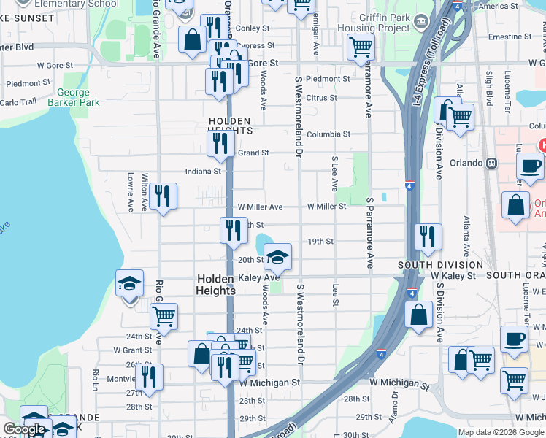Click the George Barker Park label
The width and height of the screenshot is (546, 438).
(x=73, y=98)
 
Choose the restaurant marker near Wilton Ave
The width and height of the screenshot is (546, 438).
(x=163, y=196)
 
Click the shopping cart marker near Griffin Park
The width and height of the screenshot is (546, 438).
(x=361, y=47)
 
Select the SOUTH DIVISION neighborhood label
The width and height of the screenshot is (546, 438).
(x=440, y=285)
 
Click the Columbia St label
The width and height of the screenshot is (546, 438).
(x=328, y=134)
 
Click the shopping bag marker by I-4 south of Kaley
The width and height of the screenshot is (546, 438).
(x=419, y=317)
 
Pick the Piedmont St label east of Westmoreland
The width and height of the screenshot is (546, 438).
(x=328, y=79)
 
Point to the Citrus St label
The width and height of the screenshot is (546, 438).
(x=322, y=98)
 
